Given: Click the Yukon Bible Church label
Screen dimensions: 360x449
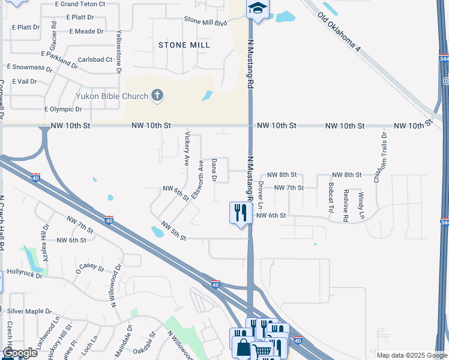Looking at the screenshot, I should (112, 95).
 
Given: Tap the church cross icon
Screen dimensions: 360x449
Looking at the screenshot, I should (157, 95).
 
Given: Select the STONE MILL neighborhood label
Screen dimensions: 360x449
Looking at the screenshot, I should (184, 45).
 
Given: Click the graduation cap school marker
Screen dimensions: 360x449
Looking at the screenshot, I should (258, 8).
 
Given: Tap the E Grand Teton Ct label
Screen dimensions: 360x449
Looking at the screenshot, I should (80, 4).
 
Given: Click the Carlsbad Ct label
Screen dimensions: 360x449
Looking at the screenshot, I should (95, 59).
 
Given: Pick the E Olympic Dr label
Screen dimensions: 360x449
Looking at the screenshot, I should (63, 109).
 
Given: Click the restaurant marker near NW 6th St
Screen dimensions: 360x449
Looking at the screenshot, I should (240, 212).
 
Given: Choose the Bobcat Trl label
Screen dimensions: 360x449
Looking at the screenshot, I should (331, 198).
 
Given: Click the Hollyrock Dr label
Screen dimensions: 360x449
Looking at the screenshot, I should (25, 274).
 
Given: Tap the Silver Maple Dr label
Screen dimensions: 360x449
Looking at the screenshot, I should (29, 311).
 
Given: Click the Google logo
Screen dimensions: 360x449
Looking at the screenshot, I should (20, 353).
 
